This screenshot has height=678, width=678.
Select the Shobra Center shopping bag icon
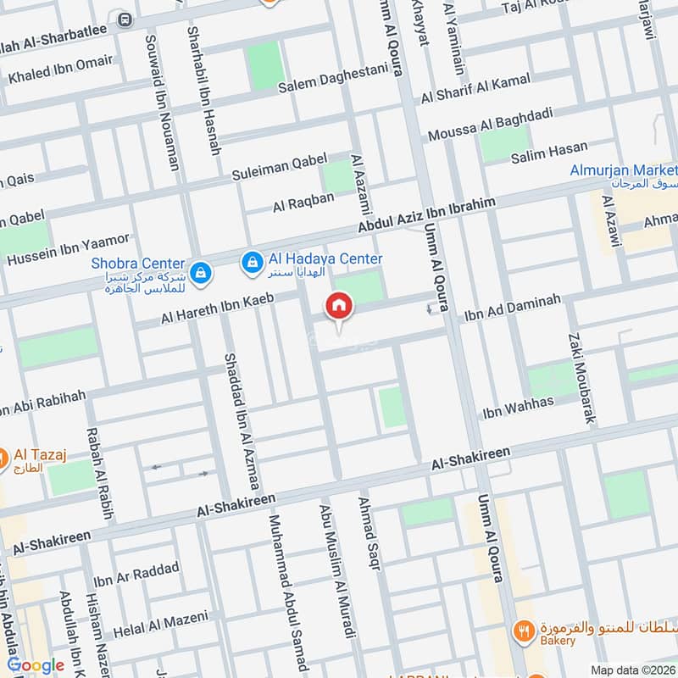coord(201,273)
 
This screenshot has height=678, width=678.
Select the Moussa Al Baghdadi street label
coord(490,124)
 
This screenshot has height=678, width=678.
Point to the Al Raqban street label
coord(303,202)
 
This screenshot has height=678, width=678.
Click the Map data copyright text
coord(632,670)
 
